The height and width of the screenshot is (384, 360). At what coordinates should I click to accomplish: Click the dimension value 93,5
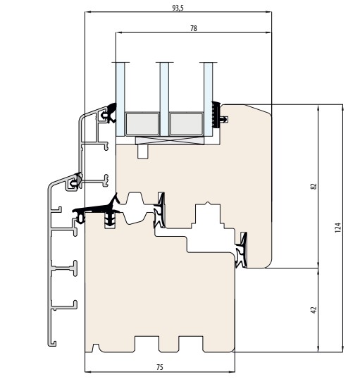(178, 8)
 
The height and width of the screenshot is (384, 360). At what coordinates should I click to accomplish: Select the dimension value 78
(194, 28)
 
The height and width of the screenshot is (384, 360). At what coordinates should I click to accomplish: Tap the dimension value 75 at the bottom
(159, 367)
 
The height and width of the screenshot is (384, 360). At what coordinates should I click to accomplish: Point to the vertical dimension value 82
(314, 186)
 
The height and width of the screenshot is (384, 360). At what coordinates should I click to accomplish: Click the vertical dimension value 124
(337, 228)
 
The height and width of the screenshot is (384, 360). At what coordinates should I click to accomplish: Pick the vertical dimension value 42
(314, 310)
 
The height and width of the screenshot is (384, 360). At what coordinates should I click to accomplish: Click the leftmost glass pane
(120, 99)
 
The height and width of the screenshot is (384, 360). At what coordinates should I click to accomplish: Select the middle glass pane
(164, 99)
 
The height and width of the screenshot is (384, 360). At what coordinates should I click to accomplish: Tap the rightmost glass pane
(208, 99)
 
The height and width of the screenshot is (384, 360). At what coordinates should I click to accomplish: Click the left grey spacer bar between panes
(142, 124)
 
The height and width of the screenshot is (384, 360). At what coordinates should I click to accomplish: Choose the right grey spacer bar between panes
(187, 124)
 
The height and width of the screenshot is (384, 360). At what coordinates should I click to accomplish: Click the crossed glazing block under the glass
(170, 141)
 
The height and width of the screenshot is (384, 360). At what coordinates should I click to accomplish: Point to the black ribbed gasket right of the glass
(216, 115)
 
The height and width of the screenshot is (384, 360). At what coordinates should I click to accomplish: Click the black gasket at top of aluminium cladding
(111, 113)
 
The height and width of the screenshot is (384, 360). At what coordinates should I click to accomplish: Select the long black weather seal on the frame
(97, 209)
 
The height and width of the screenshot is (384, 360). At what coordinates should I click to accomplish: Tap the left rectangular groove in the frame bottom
(147, 344)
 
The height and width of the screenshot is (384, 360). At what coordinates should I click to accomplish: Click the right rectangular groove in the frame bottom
(191, 344)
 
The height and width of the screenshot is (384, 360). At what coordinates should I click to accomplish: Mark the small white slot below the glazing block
(143, 151)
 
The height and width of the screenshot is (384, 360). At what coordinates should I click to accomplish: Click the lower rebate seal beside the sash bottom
(241, 250)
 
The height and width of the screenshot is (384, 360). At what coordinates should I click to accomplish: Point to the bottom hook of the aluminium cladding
(52, 344)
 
